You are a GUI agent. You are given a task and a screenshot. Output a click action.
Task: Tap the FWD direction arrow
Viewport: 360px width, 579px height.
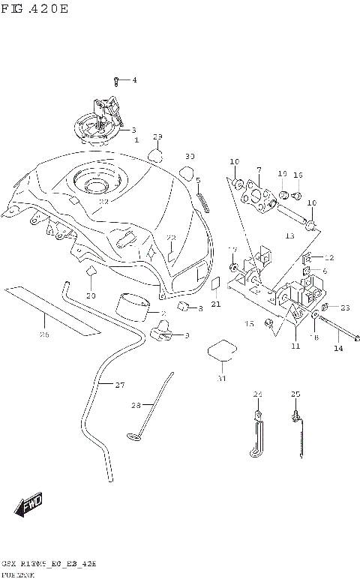(x=30, y=505)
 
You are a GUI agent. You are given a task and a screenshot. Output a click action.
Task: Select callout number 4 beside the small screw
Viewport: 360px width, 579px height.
(x=134, y=80)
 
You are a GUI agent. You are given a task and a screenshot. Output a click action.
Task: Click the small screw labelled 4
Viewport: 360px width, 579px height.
(x=116, y=79)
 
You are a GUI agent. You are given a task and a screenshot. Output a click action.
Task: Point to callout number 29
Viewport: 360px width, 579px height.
(x=157, y=136)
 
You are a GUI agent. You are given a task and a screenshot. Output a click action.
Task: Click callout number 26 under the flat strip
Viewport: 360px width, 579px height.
(x=44, y=334)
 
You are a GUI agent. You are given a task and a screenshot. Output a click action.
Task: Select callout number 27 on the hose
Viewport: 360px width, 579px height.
(x=119, y=385)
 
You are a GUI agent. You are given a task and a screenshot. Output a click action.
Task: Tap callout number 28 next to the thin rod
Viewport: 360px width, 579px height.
(x=136, y=406)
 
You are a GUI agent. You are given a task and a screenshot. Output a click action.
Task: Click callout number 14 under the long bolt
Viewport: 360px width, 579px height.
(x=338, y=349)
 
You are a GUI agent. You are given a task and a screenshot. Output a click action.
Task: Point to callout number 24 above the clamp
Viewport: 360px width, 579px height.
(x=257, y=394)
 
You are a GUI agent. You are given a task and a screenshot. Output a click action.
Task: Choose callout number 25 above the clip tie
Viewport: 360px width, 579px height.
(x=295, y=394)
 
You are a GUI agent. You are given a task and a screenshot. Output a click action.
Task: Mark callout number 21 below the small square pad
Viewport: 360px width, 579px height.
(x=215, y=304)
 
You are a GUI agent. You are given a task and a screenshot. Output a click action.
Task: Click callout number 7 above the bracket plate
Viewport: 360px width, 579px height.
(x=258, y=170)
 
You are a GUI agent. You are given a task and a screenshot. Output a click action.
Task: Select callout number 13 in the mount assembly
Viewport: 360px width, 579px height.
(x=290, y=235)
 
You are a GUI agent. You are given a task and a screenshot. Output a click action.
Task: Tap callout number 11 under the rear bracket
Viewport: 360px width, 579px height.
(x=295, y=346)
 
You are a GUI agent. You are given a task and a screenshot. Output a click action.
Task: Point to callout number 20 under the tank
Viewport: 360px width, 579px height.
(x=91, y=295)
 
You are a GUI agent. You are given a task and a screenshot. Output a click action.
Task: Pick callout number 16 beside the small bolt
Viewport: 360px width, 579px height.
(x=298, y=175)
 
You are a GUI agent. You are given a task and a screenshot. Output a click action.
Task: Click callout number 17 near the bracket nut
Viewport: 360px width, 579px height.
(x=232, y=249)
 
